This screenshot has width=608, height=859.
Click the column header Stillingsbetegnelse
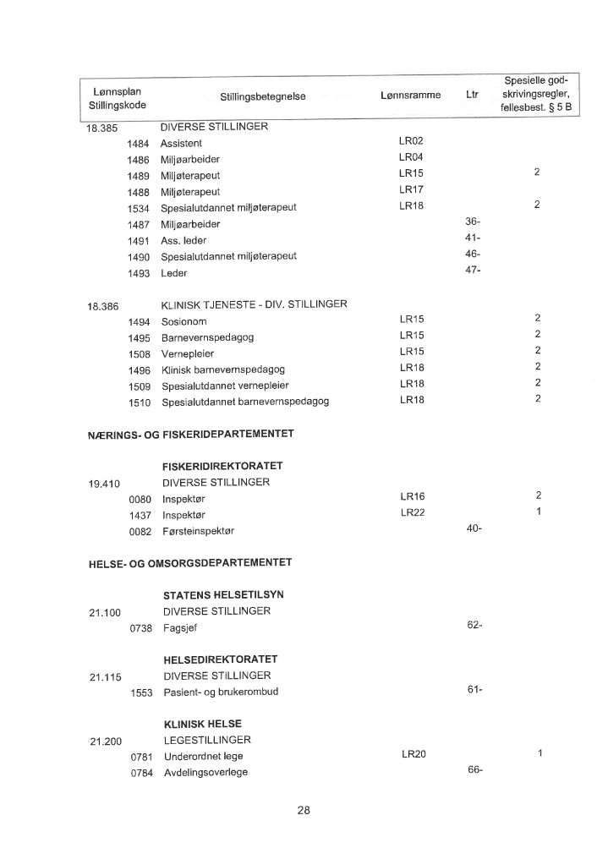point(262,97)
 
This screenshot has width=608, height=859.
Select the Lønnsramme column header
point(411,96)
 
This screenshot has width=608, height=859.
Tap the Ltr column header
point(472,96)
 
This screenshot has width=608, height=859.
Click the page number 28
point(304,810)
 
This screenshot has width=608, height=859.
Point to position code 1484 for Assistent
point(138,144)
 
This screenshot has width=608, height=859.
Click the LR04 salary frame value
point(411,158)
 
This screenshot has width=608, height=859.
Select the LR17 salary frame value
point(411,190)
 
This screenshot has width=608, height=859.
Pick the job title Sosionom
point(183,322)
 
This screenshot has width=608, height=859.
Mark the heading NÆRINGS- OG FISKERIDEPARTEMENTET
point(190,435)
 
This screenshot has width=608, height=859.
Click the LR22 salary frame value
point(411,513)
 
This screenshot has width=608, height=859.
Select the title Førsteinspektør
point(198,531)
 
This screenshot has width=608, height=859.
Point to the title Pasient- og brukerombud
point(221,692)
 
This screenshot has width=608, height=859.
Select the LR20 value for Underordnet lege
point(413,754)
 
